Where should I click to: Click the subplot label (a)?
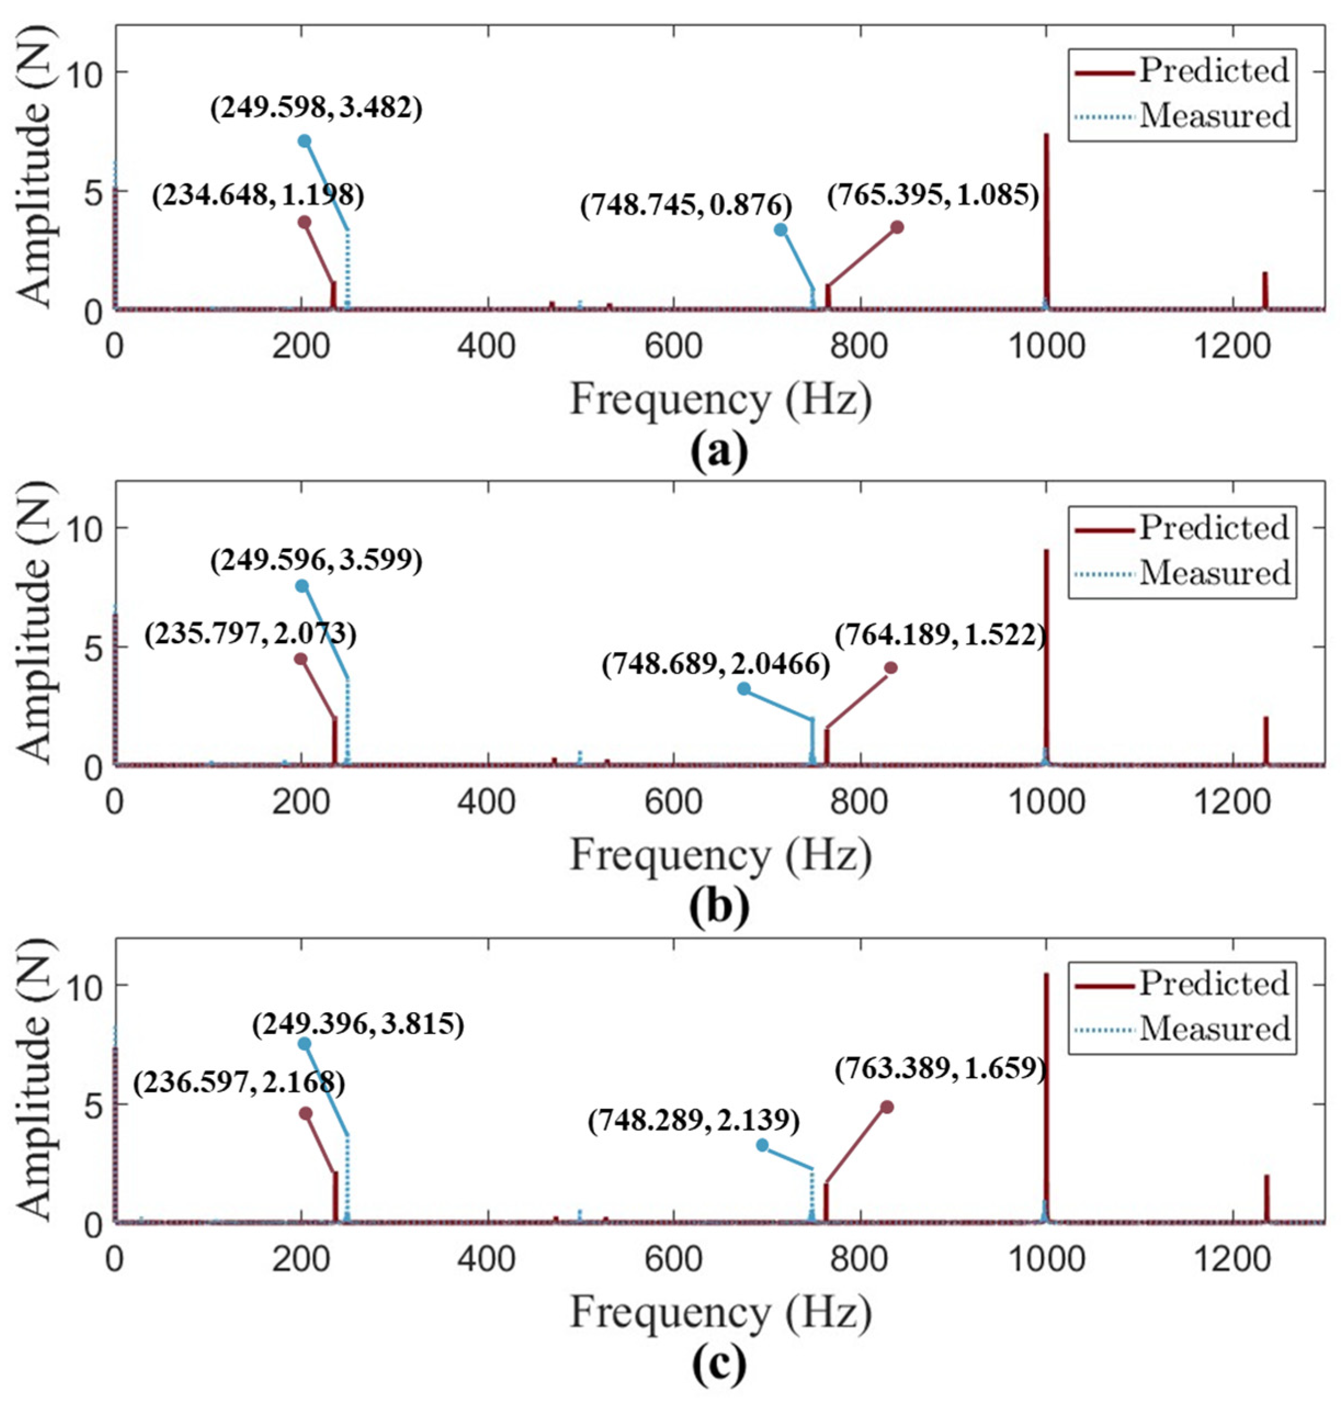point(719,452)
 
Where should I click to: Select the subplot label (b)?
point(719,908)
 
